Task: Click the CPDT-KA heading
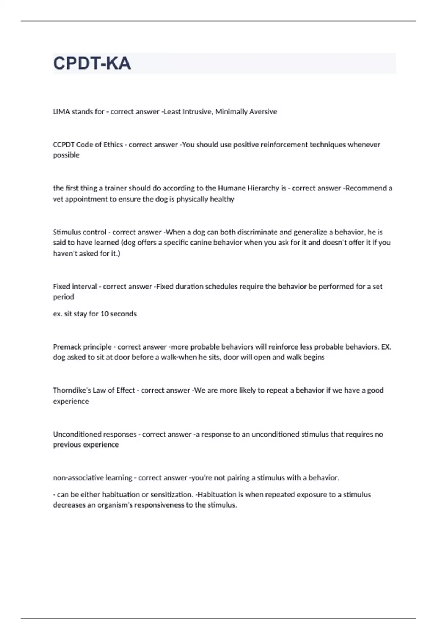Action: point(92,63)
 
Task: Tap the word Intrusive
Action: point(197,112)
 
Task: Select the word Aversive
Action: point(263,112)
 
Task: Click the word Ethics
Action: point(113,145)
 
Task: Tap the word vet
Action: point(58,199)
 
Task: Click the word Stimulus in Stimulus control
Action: point(66,232)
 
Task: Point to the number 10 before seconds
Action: point(104,314)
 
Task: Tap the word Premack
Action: point(67,347)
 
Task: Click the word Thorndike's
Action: point(72,390)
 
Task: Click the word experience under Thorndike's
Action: point(71,401)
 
